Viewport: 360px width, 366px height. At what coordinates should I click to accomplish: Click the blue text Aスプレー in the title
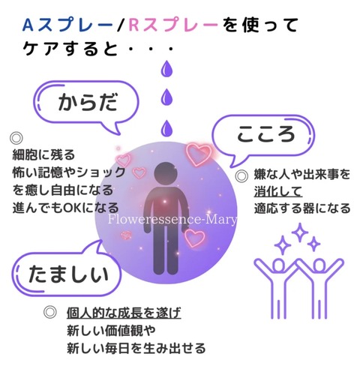pos(67,25)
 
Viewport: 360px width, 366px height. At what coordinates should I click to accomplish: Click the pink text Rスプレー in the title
pos(173,25)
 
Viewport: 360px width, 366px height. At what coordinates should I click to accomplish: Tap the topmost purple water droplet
pos(166,68)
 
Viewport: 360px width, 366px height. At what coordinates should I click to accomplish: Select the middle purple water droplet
pos(166,97)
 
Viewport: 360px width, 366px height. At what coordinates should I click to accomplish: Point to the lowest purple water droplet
pos(166,128)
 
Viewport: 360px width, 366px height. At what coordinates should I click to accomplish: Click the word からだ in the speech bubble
pos(88,102)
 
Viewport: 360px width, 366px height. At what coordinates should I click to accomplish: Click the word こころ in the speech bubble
pos(265,134)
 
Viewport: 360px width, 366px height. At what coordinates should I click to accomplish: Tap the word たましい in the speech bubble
pos(68,274)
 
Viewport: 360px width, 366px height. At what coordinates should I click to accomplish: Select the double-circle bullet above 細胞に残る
pos(16,138)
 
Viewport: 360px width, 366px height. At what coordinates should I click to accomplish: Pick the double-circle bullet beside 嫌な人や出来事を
pos(241,175)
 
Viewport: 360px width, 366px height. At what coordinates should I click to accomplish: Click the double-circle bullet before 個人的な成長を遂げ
pos(49,312)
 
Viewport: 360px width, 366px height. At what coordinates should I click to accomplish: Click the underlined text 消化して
pos(278,192)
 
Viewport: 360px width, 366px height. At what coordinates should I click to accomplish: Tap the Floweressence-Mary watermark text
pos(172,219)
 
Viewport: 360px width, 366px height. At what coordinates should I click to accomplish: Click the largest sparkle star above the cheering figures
pos(299,232)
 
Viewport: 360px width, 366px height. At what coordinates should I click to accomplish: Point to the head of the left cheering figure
pos(279,265)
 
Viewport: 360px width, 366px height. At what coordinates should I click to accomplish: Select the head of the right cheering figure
pos(319,265)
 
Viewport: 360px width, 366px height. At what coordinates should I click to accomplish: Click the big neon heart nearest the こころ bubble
pos(199,154)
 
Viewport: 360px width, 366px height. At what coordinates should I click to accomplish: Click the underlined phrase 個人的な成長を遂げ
pos(124,313)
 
